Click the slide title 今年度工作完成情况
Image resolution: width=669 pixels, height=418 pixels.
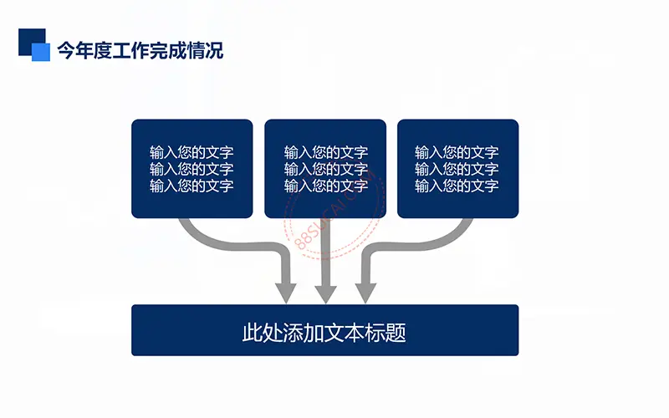pyautogui.click(x=140, y=50)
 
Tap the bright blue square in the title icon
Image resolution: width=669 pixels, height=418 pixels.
pyautogui.click(x=41, y=52)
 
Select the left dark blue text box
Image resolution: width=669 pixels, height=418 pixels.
pyautogui.click(x=192, y=169)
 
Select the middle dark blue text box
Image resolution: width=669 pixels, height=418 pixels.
pyautogui.click(x=325, y=169)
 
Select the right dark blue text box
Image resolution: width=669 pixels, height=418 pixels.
pyautogui.click(x=457, y=169)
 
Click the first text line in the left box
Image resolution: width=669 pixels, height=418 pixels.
pyautogui.click(x=192, y=152)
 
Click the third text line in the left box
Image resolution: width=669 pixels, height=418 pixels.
pyautogui.click(x=192, y=186)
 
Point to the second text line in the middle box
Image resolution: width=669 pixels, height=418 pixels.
pyautogui.click(x=326, y=169)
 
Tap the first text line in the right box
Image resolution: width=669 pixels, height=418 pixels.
pyautogui.click(x=457, y=152)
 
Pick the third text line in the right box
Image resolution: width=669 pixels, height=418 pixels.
pyautogui.click(x=457, y=186)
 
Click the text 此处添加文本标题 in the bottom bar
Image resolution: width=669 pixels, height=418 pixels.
pyautogui.click(x=324, y=332)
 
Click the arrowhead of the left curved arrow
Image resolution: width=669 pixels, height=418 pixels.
pyautogui.click(x=285, y=293)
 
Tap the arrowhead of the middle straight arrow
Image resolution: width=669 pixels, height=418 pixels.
pyautogui.click(x=325, y=294)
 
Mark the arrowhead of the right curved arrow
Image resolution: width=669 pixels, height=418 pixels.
pyautogui.click(x=365, y=293)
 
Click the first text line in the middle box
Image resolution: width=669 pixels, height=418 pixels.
pyautogui.click(x=326, y=152)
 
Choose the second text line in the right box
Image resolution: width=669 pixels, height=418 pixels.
pyautogui.click(x=457, y=169)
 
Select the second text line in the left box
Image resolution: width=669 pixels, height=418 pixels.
pyautogui.click(x=192, y=169)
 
